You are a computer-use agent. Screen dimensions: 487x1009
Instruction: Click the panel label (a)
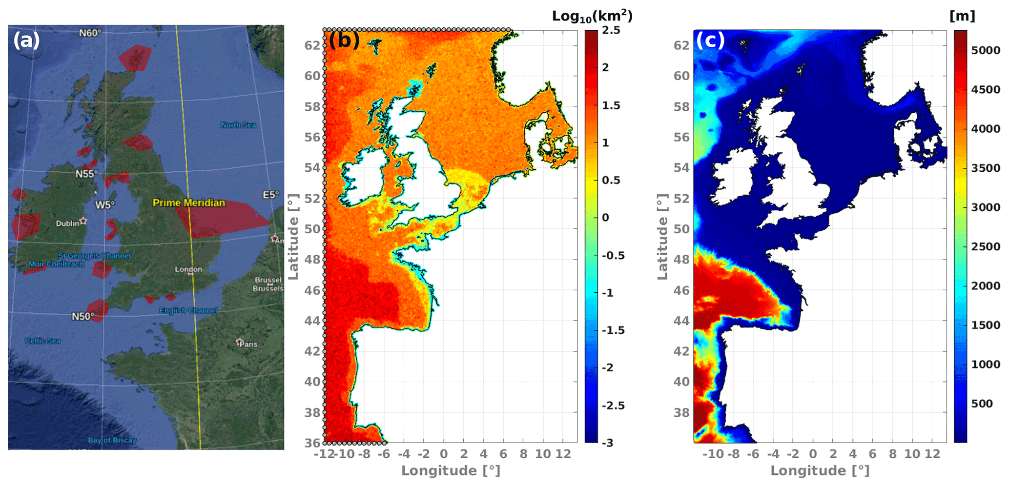coord(26,40)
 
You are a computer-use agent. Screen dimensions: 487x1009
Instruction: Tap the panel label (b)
coord(344,40)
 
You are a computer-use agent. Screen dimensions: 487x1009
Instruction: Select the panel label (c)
coord(710,40)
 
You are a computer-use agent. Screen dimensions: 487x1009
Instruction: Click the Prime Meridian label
coord(189,203)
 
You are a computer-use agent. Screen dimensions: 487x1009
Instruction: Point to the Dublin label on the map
coord(67,223)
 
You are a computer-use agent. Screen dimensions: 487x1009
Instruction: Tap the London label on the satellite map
coord(188,269)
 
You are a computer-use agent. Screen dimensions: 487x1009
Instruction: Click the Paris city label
coord(248,344)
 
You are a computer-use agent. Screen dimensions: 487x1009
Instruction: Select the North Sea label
coord(238,125)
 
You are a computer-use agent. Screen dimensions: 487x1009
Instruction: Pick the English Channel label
coord(188,311)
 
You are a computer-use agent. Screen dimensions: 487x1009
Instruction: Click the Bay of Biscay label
coord(112,441)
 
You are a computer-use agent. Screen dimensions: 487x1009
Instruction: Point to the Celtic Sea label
coord(43,341)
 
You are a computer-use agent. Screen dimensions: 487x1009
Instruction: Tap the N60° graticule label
coord(90,33)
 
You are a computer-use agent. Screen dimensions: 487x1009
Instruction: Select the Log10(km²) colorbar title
coord(592,16)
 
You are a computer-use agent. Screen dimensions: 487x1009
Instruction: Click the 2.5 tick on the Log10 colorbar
coord(611,30)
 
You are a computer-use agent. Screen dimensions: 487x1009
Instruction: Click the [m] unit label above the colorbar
coord(962,16)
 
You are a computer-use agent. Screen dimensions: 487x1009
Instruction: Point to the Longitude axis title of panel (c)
coord(820,470)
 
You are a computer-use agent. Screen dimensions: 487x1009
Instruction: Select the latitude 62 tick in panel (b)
coord(312,45)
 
